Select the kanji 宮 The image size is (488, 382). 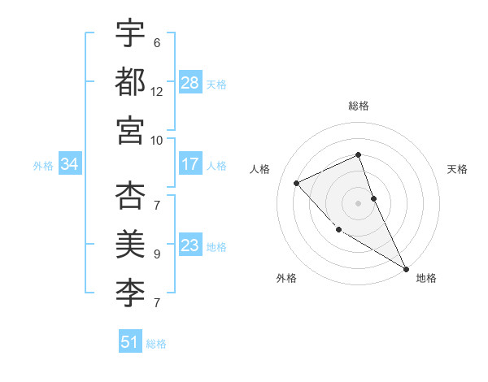click(x=130, y=129)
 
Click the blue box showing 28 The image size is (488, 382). click(x=190, y=83)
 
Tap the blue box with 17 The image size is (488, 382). click(x=190, y=164)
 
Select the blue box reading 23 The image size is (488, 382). click(x=190, y=245)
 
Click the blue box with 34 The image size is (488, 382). click(x=70, y=165)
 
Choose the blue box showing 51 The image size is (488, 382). click(x=130, y=342)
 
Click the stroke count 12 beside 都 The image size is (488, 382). click(x=157, y=91)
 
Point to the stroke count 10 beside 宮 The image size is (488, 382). click(x=157, y=140)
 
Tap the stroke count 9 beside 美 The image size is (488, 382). click(x=157, y=254)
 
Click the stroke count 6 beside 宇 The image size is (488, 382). click(x=157, y=42)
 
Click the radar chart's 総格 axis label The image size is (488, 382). click(x=359, y=106)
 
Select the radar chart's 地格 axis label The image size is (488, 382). click(x=426, y=278)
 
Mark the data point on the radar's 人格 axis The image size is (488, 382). click(x=297, y=183)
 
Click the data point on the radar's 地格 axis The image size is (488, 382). click(x=406, y=269)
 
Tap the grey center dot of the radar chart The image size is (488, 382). click(x=359, y=202)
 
